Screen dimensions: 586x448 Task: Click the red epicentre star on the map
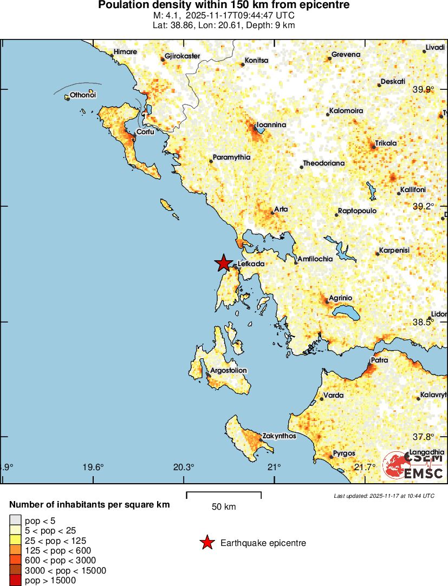(x=223, y=263)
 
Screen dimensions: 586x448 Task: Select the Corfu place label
(x=145, y=131)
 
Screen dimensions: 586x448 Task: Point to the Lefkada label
(x=251, y=264)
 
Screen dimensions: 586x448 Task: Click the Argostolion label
(x=228, y=371)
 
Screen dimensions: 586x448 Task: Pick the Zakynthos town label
(x=278, y=436)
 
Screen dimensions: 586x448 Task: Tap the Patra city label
(x=379, y=360)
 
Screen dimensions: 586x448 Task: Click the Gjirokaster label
(x=183, y=56)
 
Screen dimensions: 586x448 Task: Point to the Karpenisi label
(x=394, y=251)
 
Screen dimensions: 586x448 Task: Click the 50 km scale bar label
(x=224, y=507)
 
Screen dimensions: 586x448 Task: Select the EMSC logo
(x=413, y=466)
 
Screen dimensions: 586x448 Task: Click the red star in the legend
(x=206, y=543)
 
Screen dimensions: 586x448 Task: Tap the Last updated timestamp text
(x=384, y=496)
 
